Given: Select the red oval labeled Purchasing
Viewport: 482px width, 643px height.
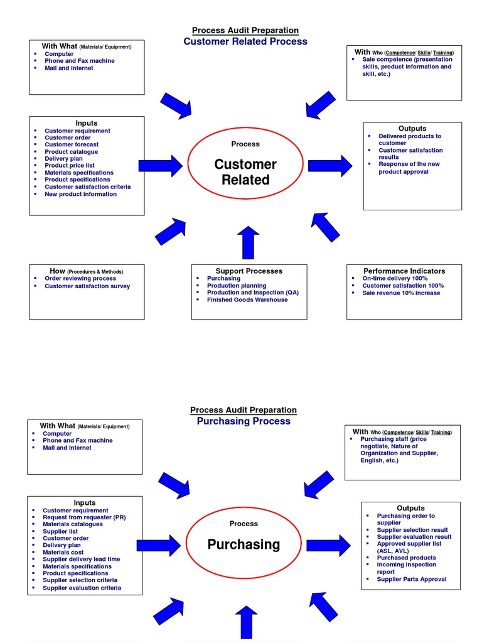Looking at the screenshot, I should pyautogui.click(x=244, y=544).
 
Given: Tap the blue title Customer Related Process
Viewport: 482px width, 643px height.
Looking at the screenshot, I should pyautogui.click(x=245, y=41).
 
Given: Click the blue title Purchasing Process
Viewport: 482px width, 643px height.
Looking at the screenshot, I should pyautogui.click(x=244, y=421).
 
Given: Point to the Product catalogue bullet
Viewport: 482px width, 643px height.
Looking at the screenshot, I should pyautogui.click(x=71, y=151).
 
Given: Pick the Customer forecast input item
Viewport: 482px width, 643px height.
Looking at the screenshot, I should pyautogui.click(x=71, y=144).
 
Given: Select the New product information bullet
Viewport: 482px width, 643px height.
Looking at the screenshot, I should pyautogui.click(x=80, y=194).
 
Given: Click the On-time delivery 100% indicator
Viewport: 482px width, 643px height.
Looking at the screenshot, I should pyautogui.click(x=395, y=278).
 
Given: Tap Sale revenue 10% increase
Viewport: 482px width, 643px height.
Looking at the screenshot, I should pyautogui.click(x=401, y=293).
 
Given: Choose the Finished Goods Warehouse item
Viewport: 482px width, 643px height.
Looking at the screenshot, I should pyautogui.click(x=247, y=300).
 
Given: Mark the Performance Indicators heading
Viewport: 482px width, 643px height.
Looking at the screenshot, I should pyautogui.click(x=404, y=271).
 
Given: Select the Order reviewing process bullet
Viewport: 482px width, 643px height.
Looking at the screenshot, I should pyautogui.click(x=80, y=278).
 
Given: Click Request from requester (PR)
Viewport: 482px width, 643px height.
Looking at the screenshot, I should pyautogui.click(x=84, y=517).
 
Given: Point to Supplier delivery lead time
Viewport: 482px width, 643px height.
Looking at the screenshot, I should pyautogui.click(x=81, y=559).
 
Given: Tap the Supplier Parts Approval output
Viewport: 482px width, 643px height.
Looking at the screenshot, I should pyautogui.click(x=411, y=579).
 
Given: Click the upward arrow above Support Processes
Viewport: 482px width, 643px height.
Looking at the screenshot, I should pyautogui.click(x=249, y=242).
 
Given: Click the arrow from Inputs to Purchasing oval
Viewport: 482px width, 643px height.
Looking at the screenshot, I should pyautogui.click(x=159, y=544).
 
